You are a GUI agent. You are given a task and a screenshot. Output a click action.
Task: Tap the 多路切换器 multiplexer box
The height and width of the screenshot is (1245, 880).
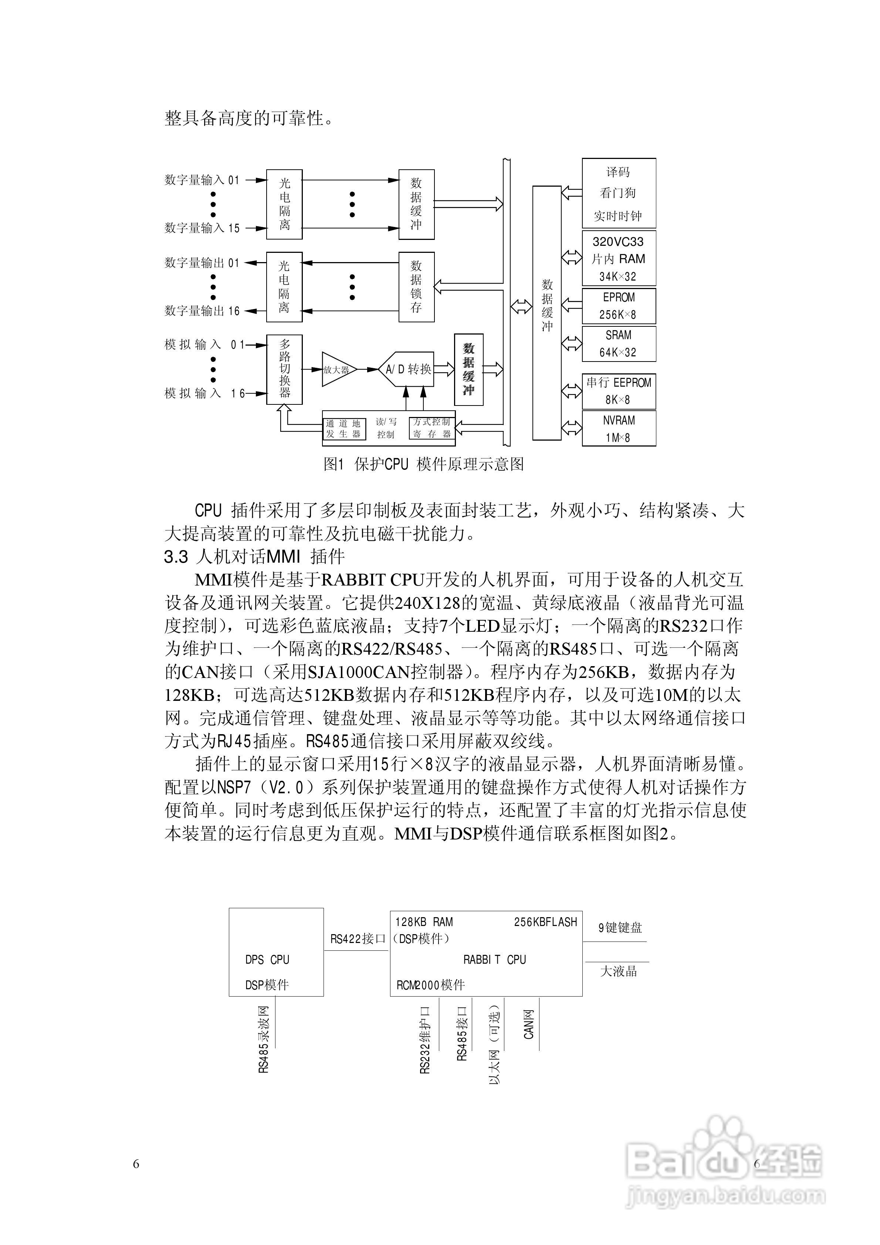point(284,369)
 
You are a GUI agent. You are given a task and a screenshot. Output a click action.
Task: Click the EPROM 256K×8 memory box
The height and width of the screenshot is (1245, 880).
point(619,306)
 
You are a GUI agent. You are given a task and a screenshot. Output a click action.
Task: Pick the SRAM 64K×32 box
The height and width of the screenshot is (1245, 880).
point(619,344)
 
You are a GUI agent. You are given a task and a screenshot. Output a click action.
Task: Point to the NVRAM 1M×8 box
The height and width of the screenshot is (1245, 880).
point(619,428)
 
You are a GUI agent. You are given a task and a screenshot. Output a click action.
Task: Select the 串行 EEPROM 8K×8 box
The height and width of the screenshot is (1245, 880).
point(619,391)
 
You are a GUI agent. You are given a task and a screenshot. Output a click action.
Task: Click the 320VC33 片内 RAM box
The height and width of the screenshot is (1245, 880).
point(619,259)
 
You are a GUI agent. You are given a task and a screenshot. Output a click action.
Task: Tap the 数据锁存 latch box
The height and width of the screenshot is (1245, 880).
point(416,287)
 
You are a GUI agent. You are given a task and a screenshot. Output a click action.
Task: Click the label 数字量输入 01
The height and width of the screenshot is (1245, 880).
point(202,180)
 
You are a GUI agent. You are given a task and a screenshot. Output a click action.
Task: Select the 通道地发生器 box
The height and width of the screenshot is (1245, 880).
point(344,429)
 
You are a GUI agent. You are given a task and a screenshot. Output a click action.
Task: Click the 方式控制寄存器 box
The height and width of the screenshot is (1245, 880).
point(432,428)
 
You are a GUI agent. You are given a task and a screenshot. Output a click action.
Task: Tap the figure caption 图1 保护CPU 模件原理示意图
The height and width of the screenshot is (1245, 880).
point(424,464)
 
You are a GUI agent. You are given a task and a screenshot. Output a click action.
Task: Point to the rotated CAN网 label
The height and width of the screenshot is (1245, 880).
point(529,1025)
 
